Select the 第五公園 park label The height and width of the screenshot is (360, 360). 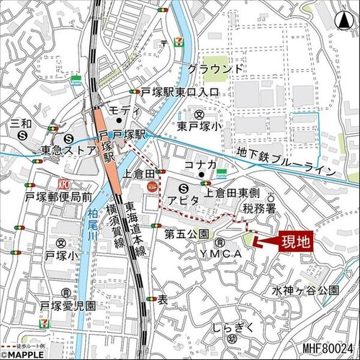click(x=186, y=234)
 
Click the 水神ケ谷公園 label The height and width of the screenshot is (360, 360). click(x=305, y=290)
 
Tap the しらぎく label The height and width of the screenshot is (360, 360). click(x=231, y=328)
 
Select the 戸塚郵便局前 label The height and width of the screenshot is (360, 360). click(x=58, y=196)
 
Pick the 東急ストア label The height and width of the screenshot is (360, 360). click(x=67, y=150)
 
